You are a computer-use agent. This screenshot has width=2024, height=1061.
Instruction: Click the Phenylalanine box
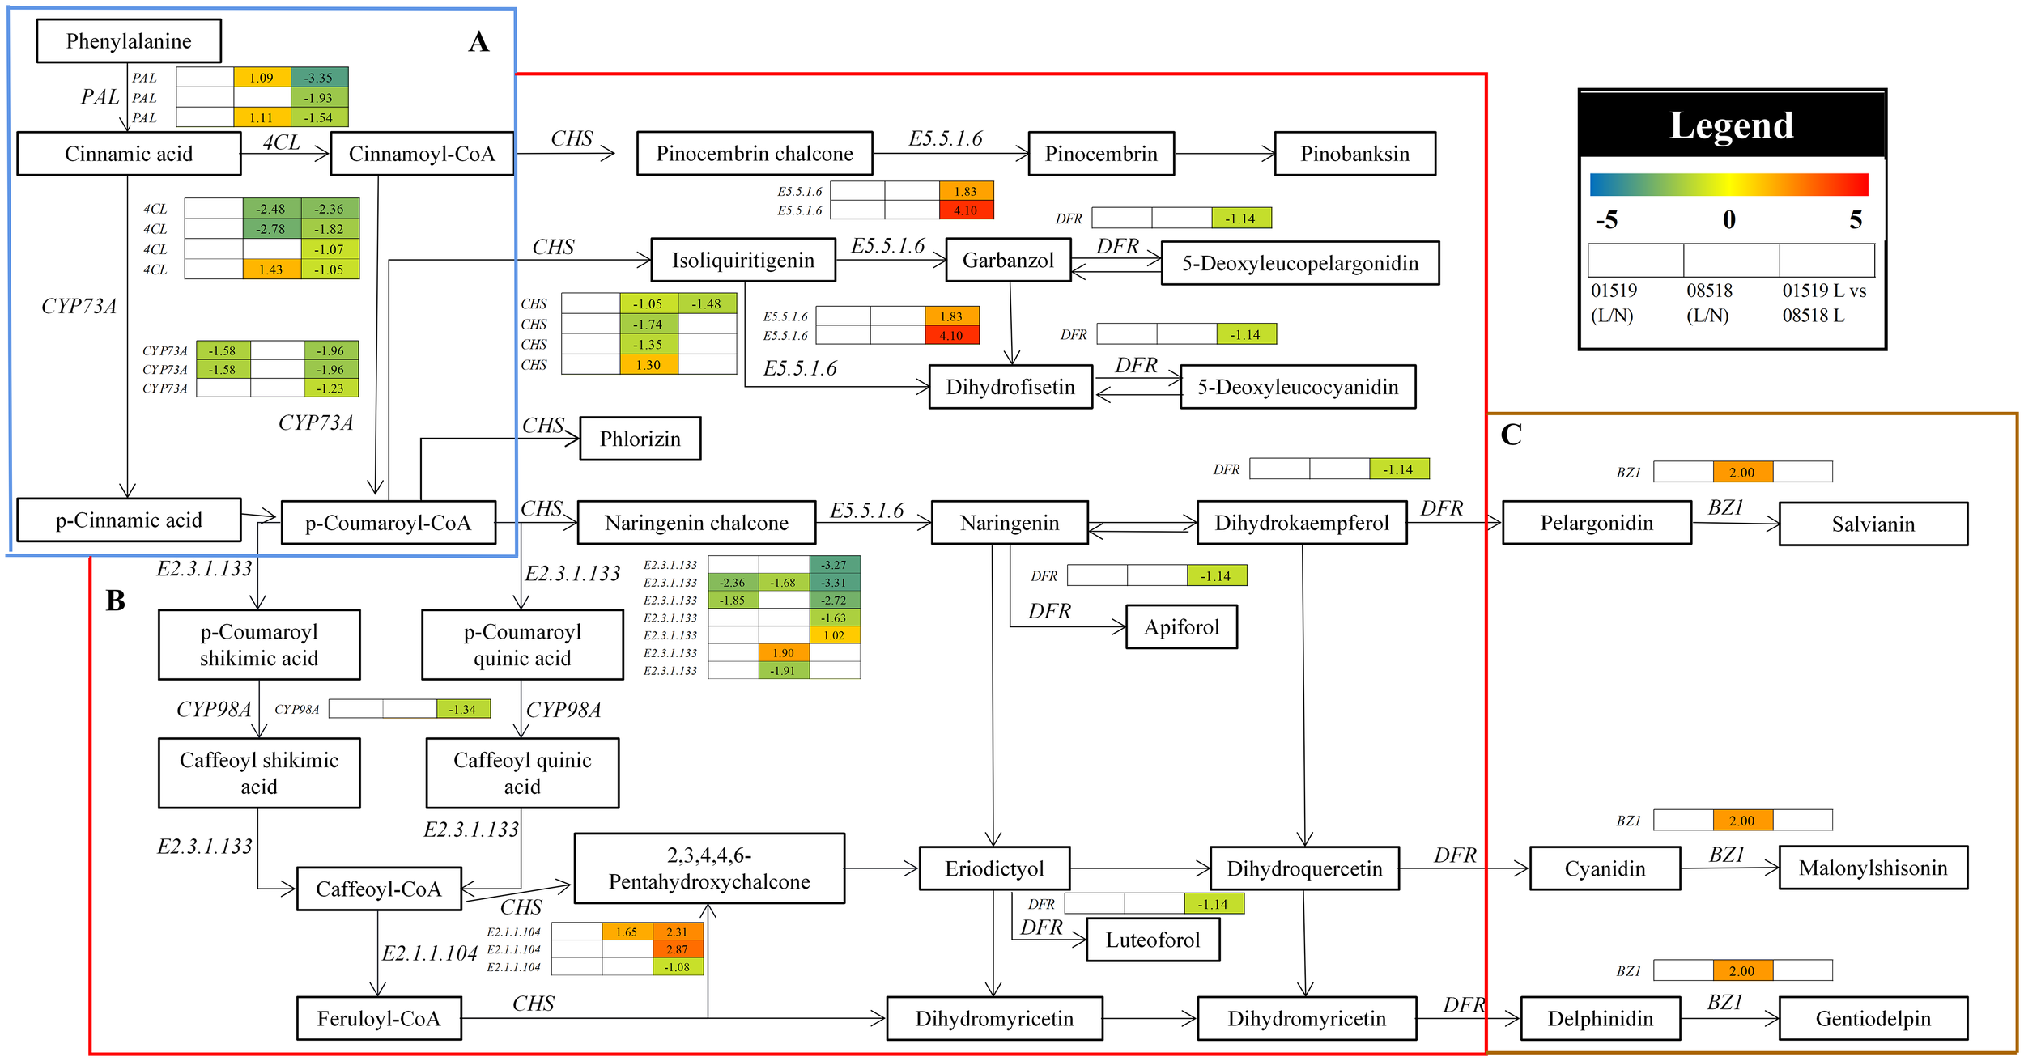(129, 41)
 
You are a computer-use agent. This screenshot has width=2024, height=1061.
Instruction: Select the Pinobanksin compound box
(1354, 154)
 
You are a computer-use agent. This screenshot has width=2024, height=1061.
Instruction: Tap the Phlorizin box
(640, 439)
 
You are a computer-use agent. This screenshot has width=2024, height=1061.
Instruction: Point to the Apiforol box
(1181, 627)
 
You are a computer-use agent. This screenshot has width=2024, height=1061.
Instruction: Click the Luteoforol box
(1152, 940)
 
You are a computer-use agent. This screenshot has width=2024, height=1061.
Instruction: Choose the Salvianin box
(1873, 524)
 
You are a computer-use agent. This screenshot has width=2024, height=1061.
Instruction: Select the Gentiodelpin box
(1873, 1018)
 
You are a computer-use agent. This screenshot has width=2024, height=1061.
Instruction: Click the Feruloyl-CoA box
(379, 1018)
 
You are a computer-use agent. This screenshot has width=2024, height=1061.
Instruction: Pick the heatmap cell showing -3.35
(319, 78)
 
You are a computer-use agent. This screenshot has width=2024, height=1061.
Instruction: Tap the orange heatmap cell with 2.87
(677, 949)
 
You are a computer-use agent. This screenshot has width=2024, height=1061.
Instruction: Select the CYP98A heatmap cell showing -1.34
(462, 709)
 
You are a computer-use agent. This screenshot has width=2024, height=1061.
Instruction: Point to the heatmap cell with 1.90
(783, 653)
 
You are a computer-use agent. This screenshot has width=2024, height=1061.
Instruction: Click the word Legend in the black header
(1731, 125)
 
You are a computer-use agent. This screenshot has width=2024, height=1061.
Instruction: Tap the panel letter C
(1511, 435)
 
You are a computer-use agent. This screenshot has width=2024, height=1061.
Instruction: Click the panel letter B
(115, 601)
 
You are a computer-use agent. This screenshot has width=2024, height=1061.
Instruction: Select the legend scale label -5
(1606, 220)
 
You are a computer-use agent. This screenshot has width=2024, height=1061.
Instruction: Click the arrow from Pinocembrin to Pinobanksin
(1224, 154)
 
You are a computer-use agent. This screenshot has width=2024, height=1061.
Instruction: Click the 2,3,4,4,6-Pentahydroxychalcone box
(709, 868)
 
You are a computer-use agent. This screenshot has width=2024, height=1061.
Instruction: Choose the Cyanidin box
(1605, 868)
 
